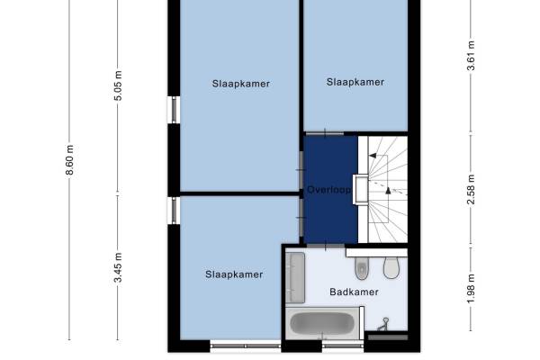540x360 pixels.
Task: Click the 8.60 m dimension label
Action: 69,160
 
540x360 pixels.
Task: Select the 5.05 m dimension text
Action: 118,85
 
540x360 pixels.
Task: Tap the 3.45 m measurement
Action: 118,267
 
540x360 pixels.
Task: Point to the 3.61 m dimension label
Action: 471,56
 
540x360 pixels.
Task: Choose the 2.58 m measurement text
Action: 471,190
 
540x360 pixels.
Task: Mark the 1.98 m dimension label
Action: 471,289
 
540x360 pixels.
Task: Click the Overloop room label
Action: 328,190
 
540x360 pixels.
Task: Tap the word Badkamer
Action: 354,292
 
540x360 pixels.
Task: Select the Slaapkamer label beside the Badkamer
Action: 234,274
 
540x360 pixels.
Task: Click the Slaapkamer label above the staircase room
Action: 355,82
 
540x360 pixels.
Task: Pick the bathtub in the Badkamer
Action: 322,323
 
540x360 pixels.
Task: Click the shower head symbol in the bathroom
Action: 383,324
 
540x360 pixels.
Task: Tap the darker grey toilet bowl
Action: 362,268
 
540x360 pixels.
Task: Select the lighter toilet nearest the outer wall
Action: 391,267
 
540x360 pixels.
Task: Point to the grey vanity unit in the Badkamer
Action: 295,278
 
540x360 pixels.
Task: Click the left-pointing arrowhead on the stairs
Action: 373,156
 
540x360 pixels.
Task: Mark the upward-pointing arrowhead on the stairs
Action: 388,190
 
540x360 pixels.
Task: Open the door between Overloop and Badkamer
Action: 326,246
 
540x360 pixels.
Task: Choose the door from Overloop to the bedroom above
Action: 325,133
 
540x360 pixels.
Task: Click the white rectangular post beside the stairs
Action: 361,189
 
